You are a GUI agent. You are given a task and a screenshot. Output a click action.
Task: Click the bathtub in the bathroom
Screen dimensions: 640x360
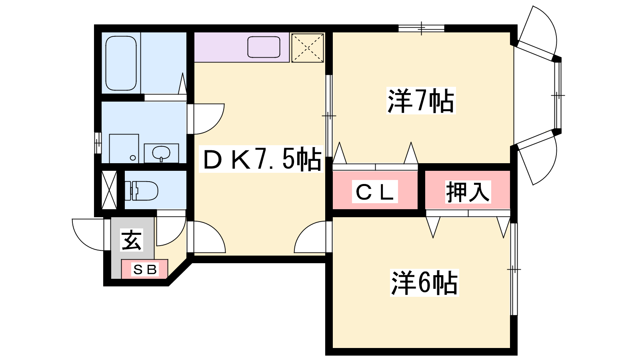[121, 63]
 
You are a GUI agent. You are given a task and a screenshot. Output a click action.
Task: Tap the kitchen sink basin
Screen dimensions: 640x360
[264, 47]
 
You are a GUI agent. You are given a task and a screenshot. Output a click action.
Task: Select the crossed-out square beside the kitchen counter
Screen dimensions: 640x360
[308, 48]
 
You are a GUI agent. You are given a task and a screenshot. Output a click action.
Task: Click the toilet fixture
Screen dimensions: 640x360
[142, 190]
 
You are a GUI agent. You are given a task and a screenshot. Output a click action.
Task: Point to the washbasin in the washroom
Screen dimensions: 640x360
[161, 153]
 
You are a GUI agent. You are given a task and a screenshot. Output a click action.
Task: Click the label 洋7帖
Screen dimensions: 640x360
[421, 101]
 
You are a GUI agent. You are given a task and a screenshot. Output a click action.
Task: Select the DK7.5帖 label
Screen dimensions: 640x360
[262, 159]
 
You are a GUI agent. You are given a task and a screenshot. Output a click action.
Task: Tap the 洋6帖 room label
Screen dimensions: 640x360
[424, 282]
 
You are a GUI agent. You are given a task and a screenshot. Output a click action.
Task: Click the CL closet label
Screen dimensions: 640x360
[375, 192]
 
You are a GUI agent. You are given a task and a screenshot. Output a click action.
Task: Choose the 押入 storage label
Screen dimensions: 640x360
[468, 192]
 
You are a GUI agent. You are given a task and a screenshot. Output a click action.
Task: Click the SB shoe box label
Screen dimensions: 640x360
[145, 269]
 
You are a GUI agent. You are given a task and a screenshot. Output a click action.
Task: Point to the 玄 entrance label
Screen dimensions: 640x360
[132, 240]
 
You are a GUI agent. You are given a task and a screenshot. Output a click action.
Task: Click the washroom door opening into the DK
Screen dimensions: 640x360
[206, 119]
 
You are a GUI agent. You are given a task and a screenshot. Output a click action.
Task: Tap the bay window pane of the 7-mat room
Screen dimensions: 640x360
[558, 96]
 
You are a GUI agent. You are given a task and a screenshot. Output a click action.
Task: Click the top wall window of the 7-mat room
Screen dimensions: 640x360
[422, 28]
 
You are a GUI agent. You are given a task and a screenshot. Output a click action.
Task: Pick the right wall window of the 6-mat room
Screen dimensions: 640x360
[514, 269]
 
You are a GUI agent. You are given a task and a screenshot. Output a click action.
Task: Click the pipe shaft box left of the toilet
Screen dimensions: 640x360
[109, 190]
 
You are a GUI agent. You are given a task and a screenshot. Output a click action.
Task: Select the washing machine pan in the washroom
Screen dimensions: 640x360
[124, 148]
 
